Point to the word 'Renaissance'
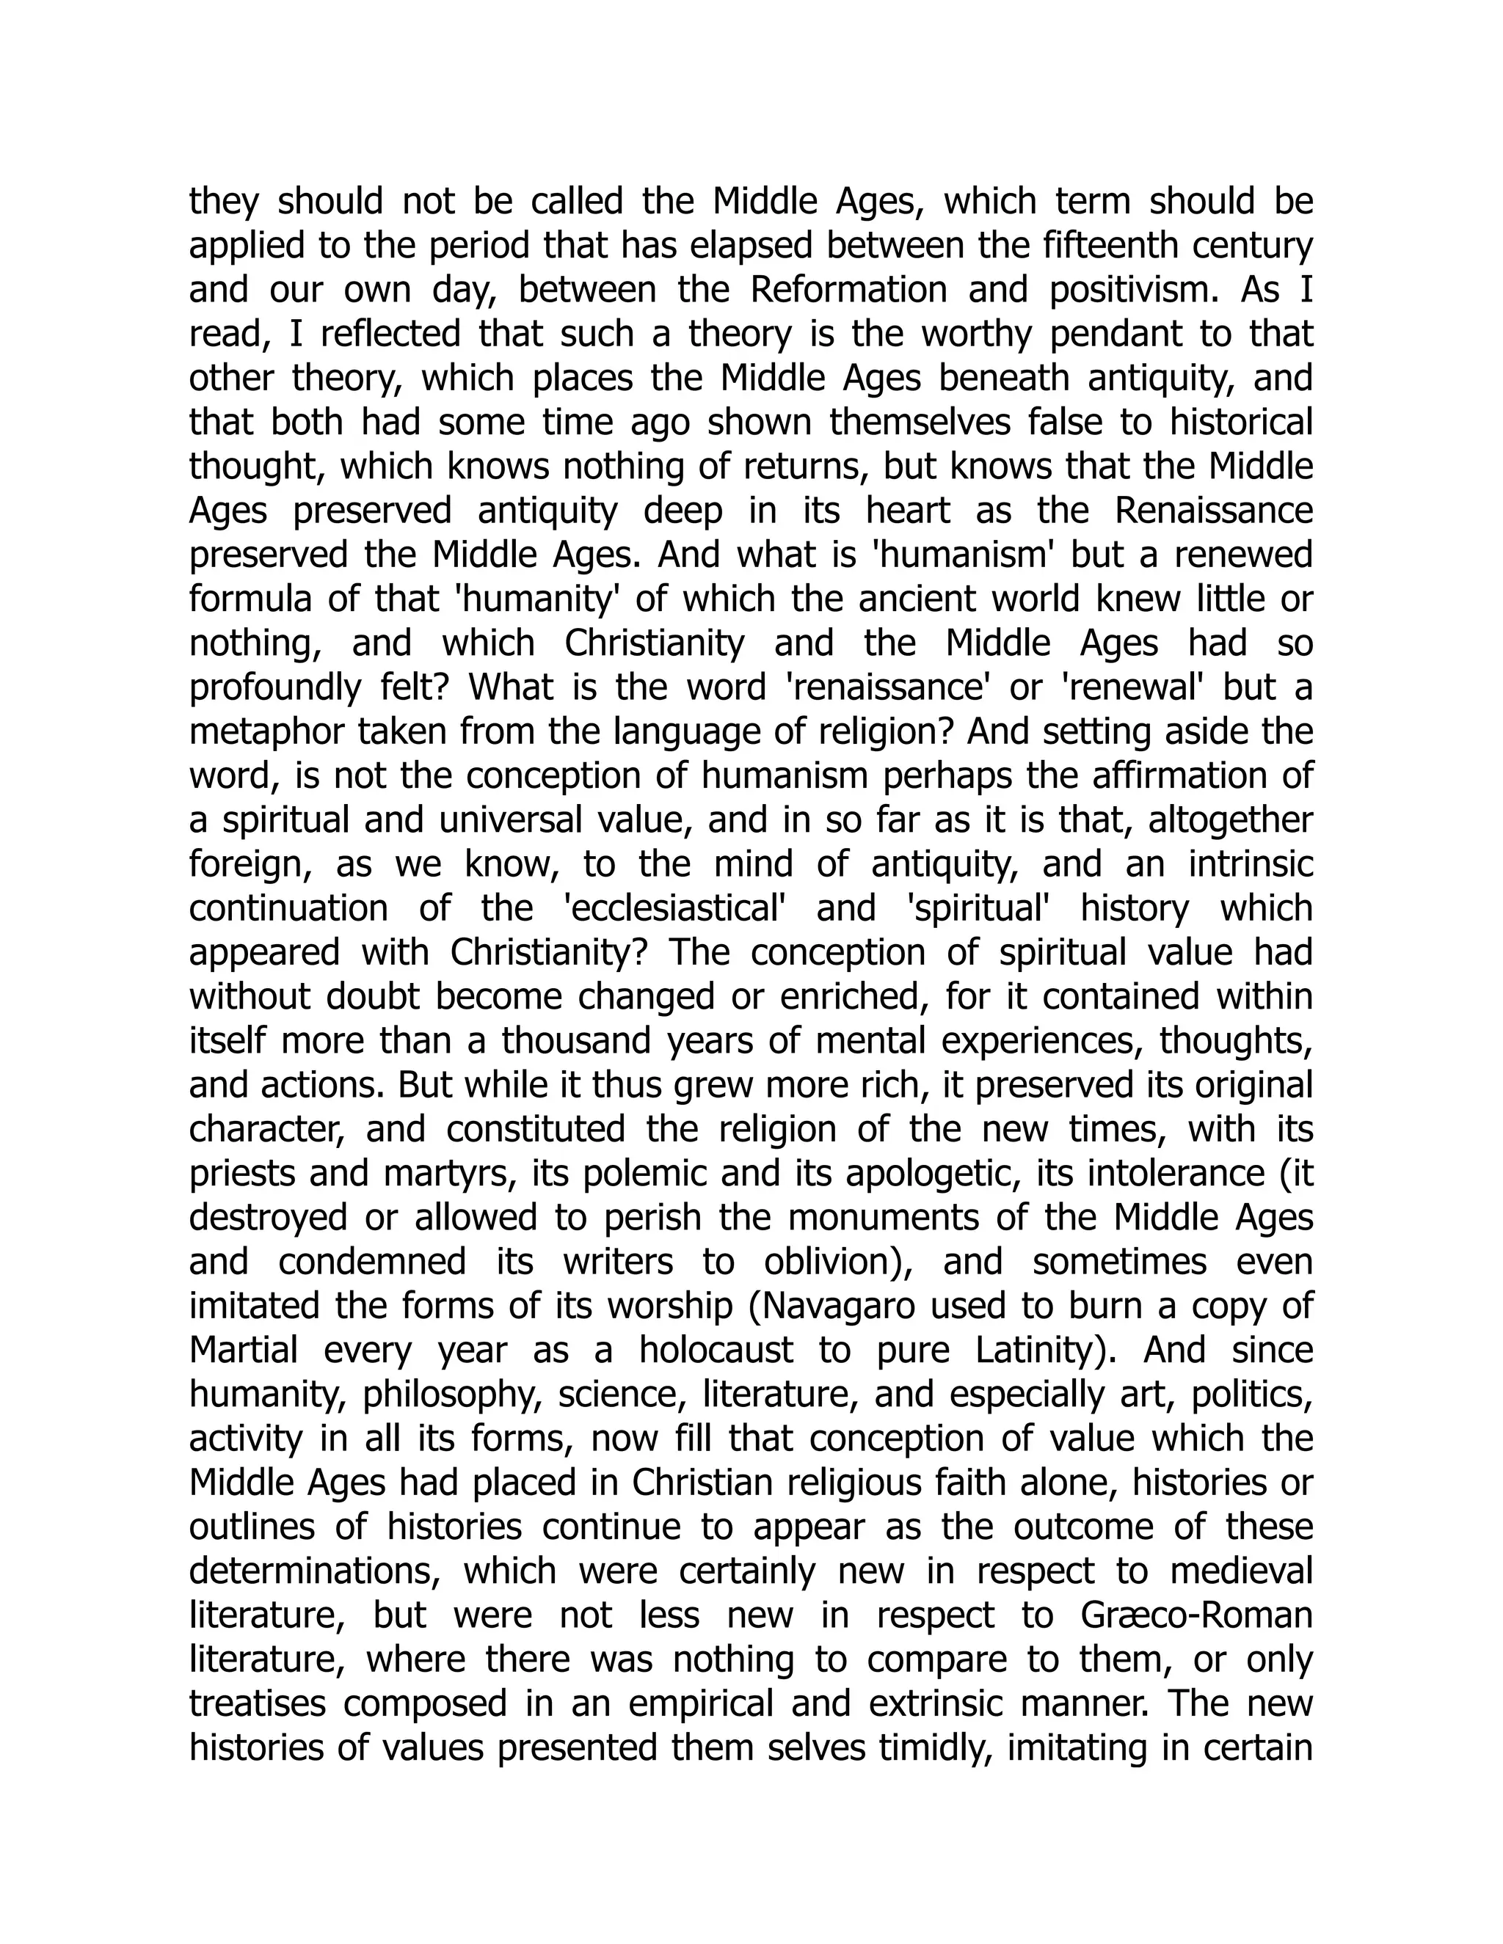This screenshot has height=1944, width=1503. [1214, 511]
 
